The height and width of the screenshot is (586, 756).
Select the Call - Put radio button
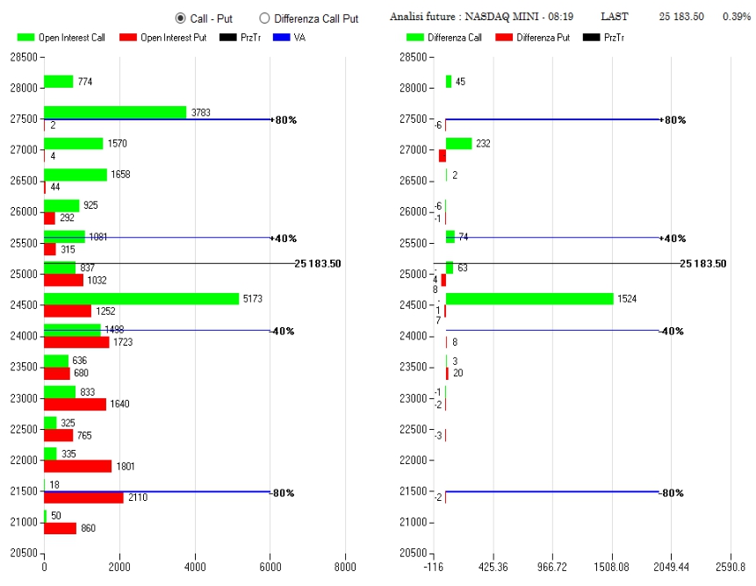[181, 18]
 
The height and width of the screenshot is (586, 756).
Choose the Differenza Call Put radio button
[264, 18]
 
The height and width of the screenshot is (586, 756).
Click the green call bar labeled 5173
[141, 298]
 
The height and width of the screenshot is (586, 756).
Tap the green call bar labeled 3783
[115, 112]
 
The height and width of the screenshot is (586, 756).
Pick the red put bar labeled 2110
[83, 497]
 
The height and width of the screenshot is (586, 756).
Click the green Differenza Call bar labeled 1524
[529, 298]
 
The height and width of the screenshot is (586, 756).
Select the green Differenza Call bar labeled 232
[458, 143]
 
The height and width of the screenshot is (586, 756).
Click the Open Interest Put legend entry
[167, 37]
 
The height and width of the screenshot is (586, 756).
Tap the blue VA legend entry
[290, 37]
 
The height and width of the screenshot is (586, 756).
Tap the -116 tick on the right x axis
[434, 566]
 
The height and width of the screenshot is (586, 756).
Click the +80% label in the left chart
[284, 119]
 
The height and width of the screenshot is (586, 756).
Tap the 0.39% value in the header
[737, 17]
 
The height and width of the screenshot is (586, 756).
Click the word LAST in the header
[615, 17]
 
